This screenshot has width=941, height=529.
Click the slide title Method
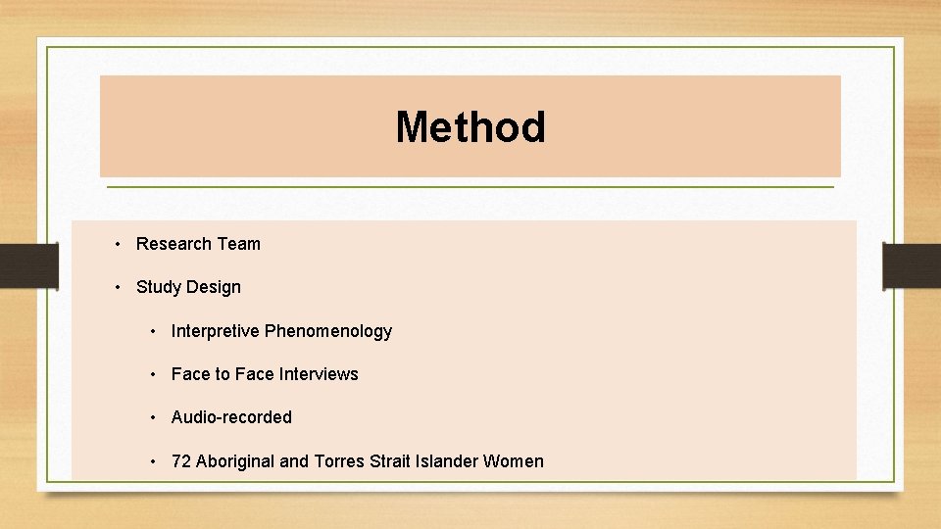[470, 127]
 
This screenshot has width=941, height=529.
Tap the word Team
[238, 244]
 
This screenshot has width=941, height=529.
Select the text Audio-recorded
[231, 417]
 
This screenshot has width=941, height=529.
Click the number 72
[181, 461]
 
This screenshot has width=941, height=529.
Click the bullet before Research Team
[116, 244]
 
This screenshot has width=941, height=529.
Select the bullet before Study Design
[116, 287]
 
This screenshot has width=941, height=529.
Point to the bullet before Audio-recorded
[155, 417]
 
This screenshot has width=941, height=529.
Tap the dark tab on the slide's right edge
[912, 265]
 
